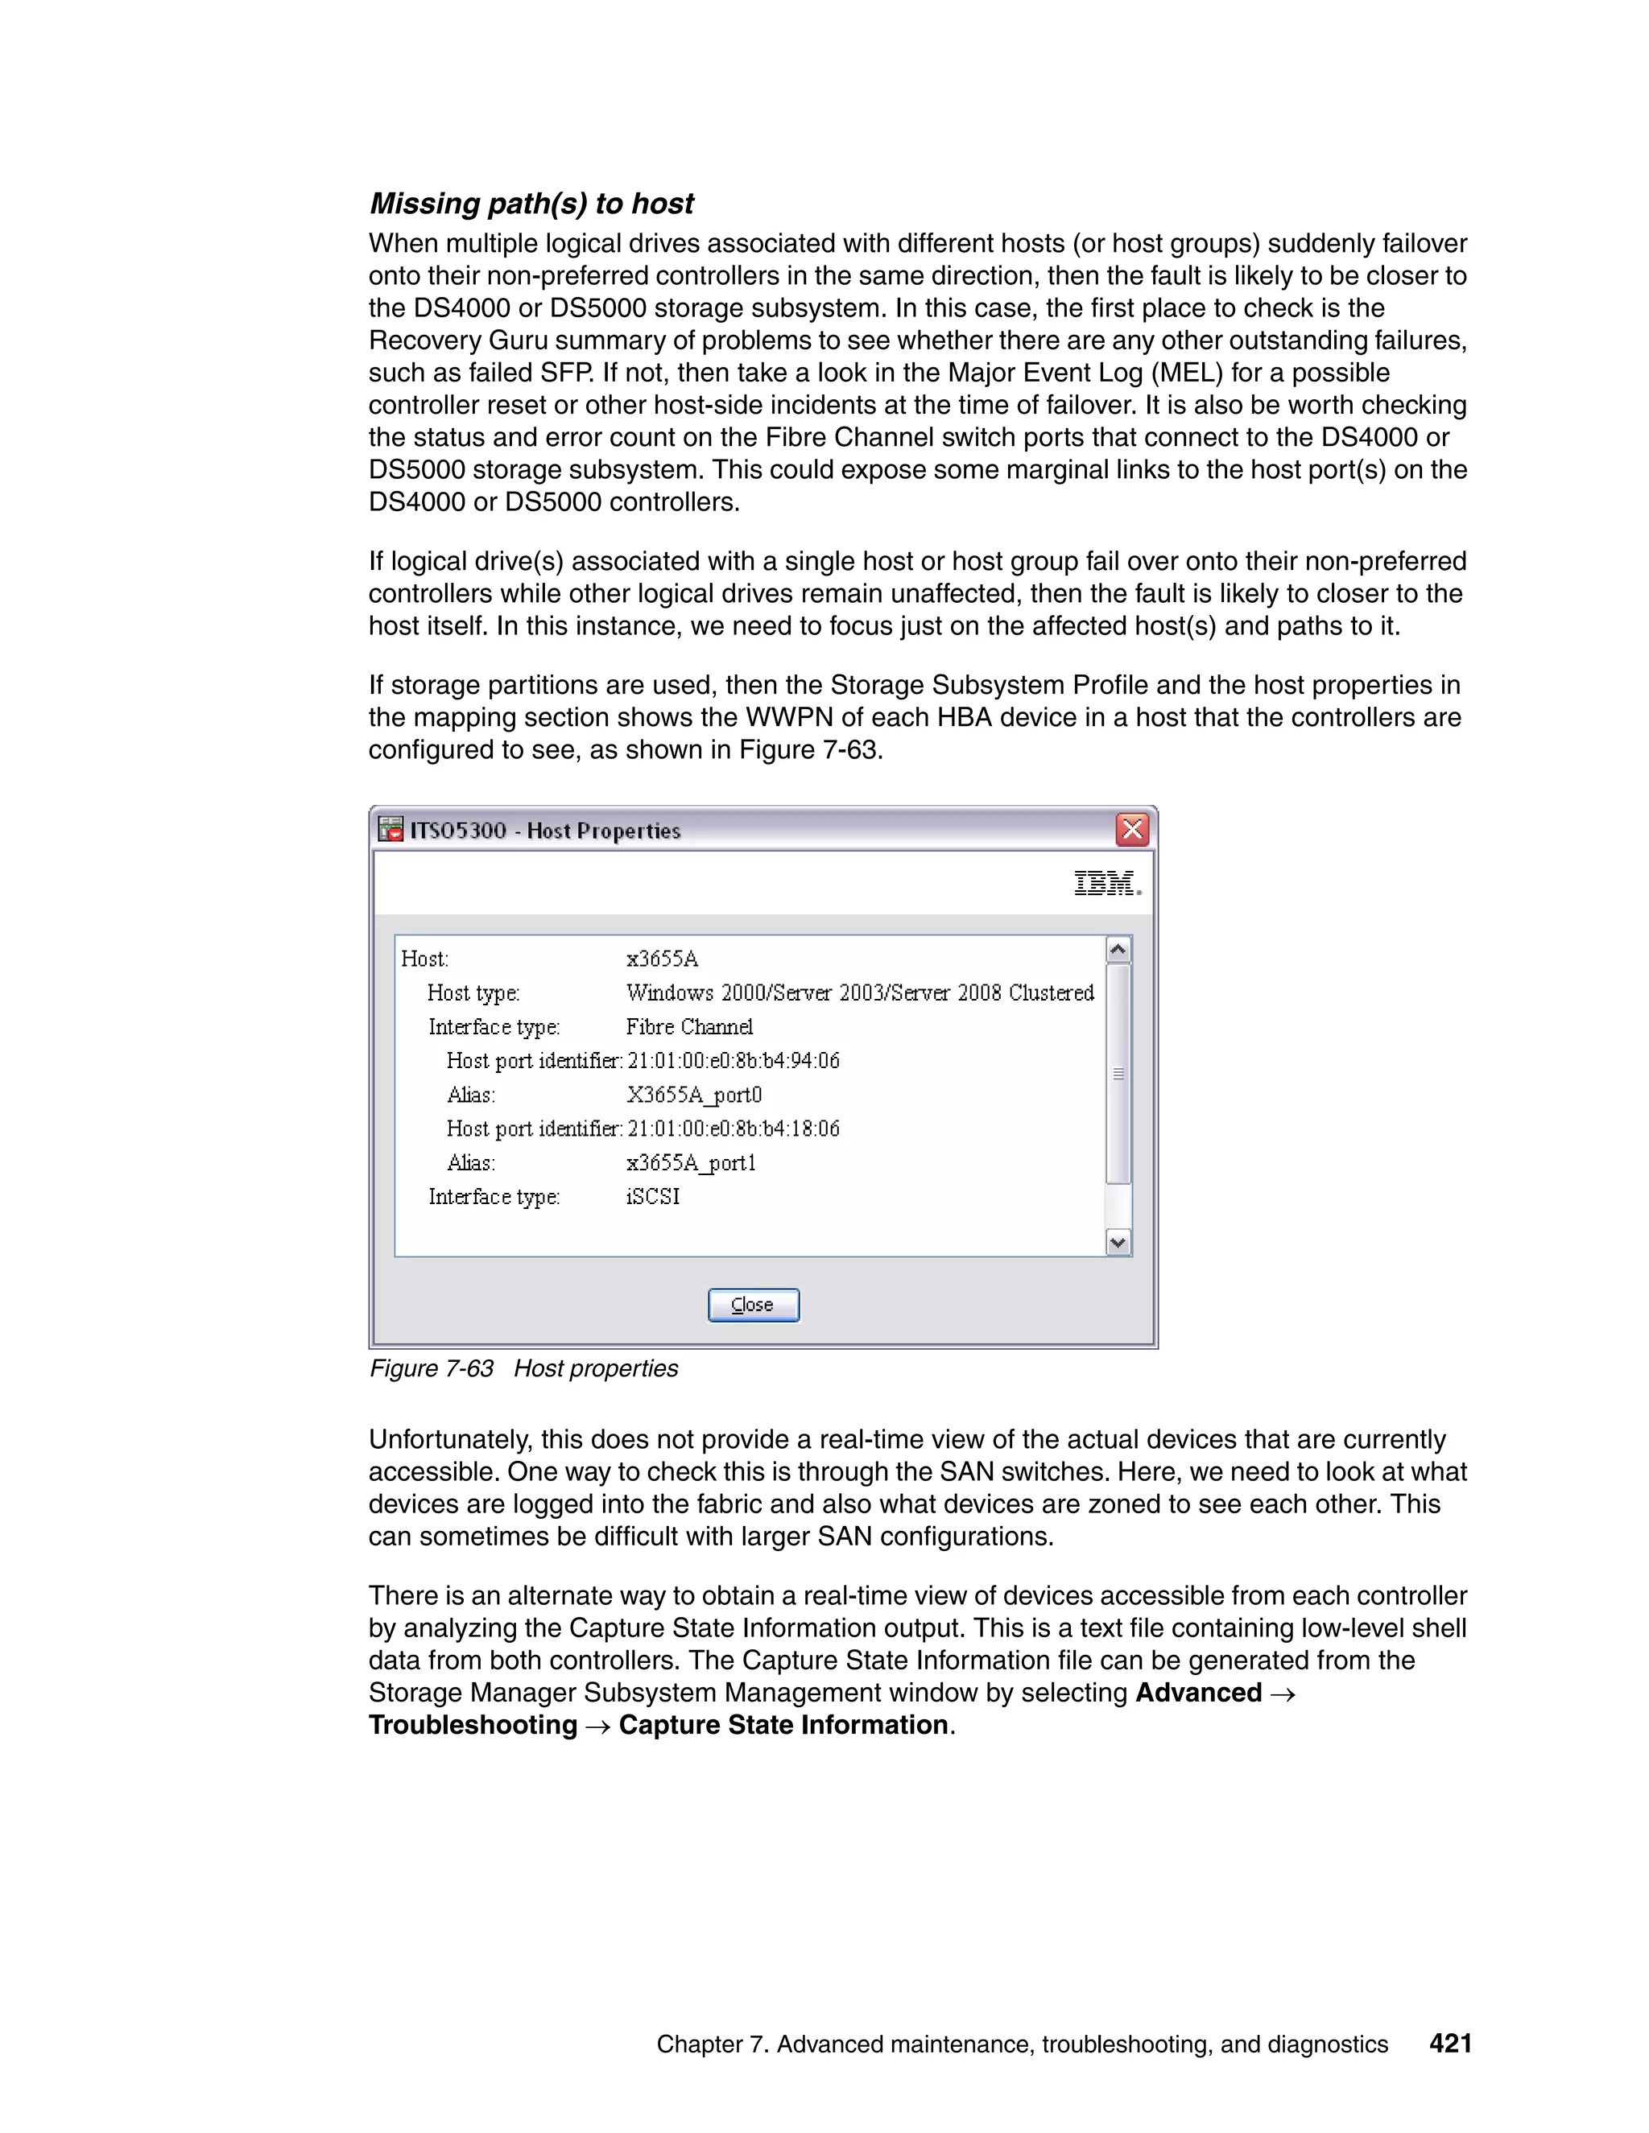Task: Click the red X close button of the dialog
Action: [x=1132, y=830]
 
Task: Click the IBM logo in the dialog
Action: [x=1107, y=883]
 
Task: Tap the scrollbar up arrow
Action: [x=1118, y=949]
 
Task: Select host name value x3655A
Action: [x=663, y=959]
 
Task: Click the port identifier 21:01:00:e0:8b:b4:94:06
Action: [x=734, y=1061]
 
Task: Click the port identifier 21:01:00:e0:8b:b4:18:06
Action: [x=734, y=1129]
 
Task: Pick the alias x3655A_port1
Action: [x=692, y=1163]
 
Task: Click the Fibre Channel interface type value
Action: [x=690, y=1027]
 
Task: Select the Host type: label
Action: [x=473, y=993]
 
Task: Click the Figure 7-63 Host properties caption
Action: [x=523, y=1368]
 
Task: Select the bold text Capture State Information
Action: [x=783, y=1725]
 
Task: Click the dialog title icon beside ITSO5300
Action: [x=391, y=829]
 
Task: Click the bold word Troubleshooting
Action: [x=473, y=1725]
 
